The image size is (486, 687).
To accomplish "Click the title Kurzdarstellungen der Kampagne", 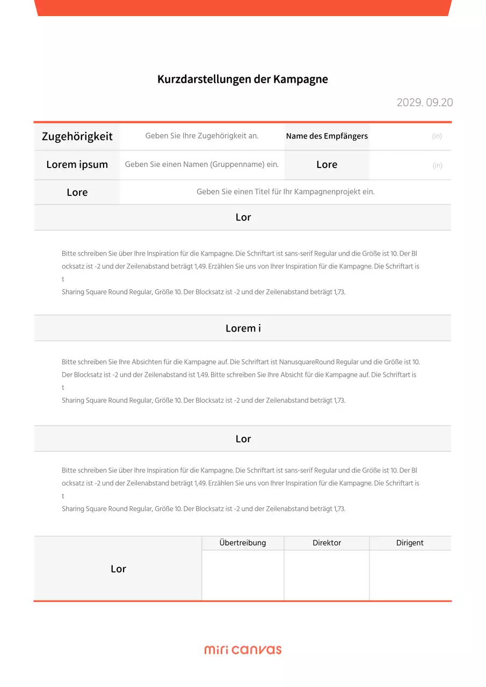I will click(242, 79).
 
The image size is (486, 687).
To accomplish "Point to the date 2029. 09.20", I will click(424, 103).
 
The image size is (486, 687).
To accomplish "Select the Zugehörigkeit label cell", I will click(77, 136).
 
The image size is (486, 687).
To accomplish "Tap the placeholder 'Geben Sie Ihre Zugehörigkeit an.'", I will click(202, 136).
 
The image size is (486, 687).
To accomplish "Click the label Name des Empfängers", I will click(327, 136).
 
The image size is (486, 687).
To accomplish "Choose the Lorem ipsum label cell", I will click(77, 165).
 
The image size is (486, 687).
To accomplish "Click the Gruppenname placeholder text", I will click(202, 165).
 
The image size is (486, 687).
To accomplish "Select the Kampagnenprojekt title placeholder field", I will click(285, 192).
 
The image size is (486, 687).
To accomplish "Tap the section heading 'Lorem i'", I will click(243, 328).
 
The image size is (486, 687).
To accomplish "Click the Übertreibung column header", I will click(243, 543).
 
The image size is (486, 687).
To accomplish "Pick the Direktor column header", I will click(327, 543).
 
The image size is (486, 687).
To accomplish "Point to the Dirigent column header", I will click(410, 543).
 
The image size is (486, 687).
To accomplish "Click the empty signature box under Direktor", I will click(327, 575).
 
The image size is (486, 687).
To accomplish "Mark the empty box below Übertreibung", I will click(243, 575).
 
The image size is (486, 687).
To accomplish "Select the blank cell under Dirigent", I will click(410, 575).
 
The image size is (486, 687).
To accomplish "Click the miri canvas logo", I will click(243, 649).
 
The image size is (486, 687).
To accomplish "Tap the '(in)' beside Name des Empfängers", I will click(437, 136).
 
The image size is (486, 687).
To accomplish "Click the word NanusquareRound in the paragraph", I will click(304, 362).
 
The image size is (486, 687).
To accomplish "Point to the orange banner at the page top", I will click(243, 8).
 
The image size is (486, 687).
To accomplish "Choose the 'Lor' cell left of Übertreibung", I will click(118, 569).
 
